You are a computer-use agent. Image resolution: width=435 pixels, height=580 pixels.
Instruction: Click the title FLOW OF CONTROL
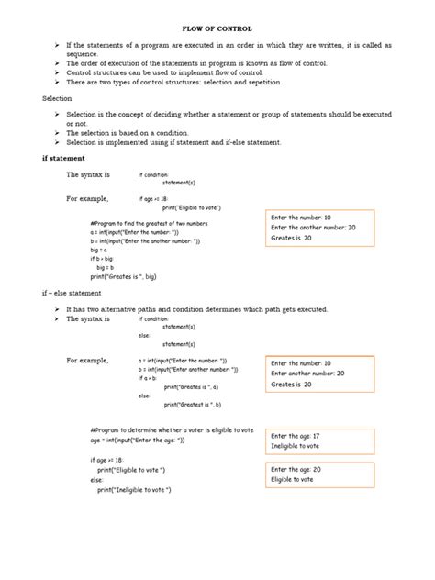click(217, 28)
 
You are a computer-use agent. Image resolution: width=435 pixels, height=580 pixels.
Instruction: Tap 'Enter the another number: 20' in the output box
click(312, 228)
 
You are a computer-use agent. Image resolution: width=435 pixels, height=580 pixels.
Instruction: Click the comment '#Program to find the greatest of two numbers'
click(150, 224)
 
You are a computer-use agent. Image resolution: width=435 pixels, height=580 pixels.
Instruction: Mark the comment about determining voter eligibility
click(173, 429)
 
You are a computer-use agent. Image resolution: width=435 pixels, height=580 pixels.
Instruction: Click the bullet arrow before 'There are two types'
click(57, 82)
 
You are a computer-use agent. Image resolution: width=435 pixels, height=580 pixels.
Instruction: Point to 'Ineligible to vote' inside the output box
click(296, 446)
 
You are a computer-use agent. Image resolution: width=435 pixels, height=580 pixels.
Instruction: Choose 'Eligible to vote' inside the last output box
click(293, 479)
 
